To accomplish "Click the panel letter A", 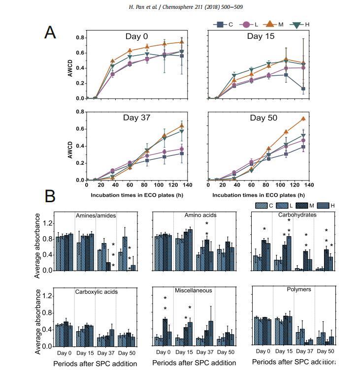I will [x=50, y=32].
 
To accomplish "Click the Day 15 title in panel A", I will [x=262, y=36].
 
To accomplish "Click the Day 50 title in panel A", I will [x=264, y=118].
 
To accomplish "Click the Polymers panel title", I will [x=298, y=289].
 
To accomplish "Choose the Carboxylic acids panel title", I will [x=96, y=291].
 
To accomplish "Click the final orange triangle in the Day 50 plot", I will [x=303, y=119].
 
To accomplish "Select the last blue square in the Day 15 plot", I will [x=303, y=89].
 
